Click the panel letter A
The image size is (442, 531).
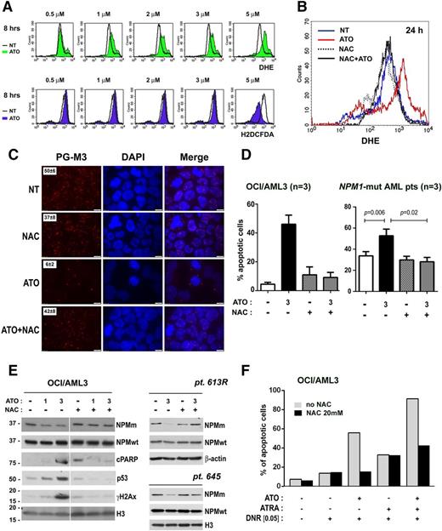click(8, 7)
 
